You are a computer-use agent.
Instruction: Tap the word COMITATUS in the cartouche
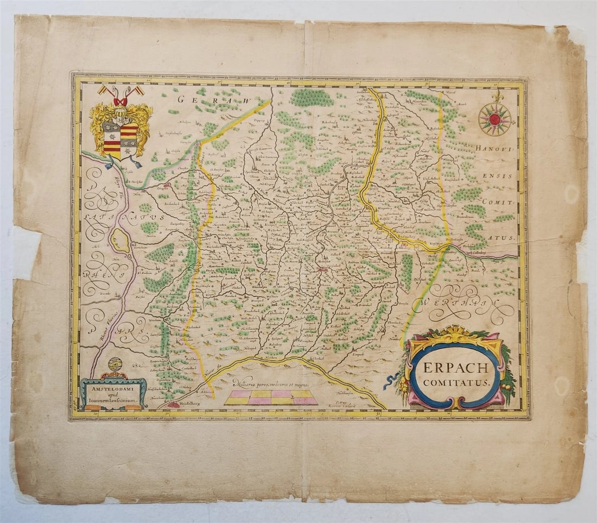pos(456,382)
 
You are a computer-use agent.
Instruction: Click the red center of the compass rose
pos(494,119)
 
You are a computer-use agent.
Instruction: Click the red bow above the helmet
pos(120,101)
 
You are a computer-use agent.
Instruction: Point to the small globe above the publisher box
pos(115,364)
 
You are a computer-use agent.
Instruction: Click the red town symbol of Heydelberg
pos(174,405)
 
